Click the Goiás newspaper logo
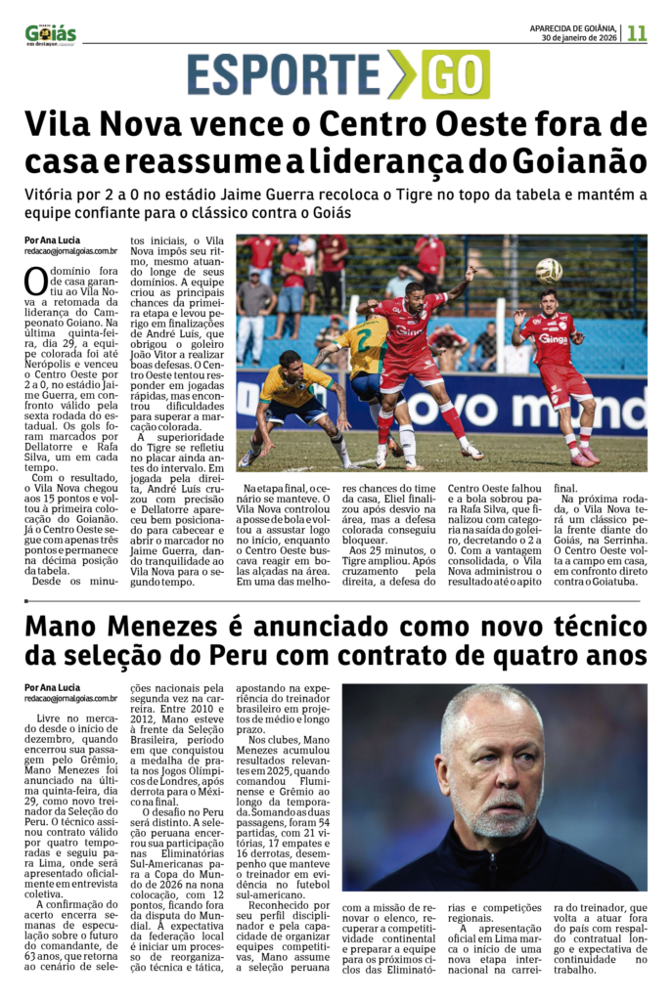tap(50, 34)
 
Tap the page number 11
tap(637, 33)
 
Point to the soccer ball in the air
tap(549, 270)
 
